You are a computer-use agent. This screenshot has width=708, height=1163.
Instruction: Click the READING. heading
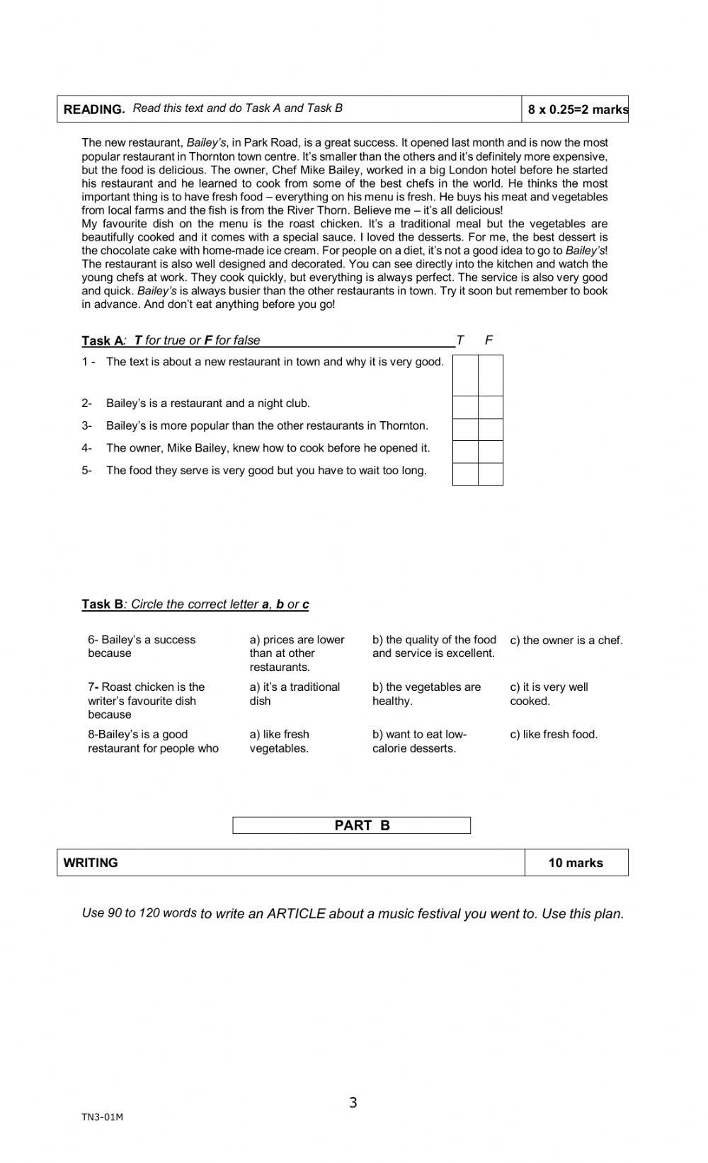coord(94,109)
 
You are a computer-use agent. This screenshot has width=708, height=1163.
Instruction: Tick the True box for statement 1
coord(465,375)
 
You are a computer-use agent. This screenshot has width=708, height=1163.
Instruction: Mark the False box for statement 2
coord(491,407)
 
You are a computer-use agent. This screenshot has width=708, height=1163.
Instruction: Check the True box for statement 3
coord(465,430)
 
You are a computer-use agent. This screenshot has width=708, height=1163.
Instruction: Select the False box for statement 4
coord(491,452)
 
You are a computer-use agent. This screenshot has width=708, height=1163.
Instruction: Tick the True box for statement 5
coord(465,474)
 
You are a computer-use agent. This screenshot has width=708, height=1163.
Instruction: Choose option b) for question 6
coord(433,646)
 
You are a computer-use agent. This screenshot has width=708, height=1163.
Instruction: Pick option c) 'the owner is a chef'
coord(566,641)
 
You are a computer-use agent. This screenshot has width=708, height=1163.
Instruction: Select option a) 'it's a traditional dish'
coord(295,694)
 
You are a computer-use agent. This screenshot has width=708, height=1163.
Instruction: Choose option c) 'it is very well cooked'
coord(549,694)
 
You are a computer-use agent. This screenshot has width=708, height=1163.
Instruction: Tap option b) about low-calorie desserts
coord(419,741)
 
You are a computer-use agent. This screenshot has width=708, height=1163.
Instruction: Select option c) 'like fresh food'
coord(554,735)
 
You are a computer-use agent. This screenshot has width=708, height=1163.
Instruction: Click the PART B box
coord(352,825)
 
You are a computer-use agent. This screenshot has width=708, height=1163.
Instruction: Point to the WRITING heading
coord(91,863)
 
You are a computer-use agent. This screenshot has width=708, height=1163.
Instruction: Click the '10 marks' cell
coord(576,863)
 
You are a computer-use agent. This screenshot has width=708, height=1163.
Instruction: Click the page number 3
coord(353,1103)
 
